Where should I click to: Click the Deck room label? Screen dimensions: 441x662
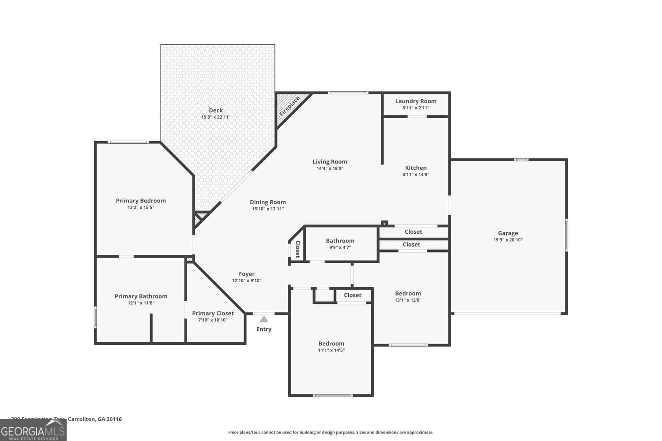[x=216, y=111]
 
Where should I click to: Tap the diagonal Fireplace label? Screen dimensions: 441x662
[x=290, y=106]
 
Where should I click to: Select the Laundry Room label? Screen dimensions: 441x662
[x=416, y=101]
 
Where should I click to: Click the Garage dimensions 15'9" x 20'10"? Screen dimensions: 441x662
[x=508, y=240]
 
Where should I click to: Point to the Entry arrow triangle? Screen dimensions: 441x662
[x=264, y=319]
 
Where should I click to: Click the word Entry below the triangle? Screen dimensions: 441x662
[x=264, y=329]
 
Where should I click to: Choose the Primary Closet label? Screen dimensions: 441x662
[x=213, y=314]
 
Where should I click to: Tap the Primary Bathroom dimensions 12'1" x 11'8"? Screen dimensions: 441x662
[x=141, y=303]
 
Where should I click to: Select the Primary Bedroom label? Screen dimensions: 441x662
[x=141, y=201]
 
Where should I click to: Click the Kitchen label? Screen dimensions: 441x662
[x=416, y=168]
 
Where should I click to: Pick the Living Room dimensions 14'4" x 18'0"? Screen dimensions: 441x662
[x=330, y=168]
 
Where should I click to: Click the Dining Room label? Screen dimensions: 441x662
[x=268, y=202]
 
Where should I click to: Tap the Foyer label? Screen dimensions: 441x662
[x=247, y=274]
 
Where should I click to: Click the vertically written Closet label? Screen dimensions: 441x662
[x=297, y=249]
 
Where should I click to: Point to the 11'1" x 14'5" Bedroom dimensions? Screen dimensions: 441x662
[x=331, y=350]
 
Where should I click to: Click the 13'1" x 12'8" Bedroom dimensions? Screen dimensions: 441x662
[x=408, y=300]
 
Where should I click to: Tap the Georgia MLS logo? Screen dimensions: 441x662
[x=33, y=430]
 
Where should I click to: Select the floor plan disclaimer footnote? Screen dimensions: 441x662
[x=331, y=432]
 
